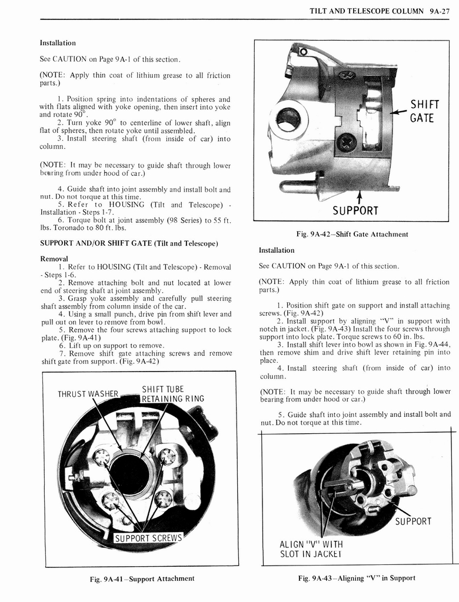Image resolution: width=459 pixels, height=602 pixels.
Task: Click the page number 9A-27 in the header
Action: point(440,11)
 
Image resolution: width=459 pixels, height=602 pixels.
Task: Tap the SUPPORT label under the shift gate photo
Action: point(355,210)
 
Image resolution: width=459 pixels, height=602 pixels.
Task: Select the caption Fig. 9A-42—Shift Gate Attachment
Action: point(352,234)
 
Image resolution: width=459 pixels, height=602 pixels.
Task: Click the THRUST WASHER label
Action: point(88,394)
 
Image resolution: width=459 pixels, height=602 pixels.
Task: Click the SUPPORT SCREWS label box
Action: point(148,538)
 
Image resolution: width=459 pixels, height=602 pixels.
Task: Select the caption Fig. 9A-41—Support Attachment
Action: point(142,578)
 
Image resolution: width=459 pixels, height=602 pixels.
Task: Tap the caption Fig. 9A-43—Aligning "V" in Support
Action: point(356,578)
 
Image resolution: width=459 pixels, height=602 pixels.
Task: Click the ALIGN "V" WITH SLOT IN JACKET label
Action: point(311,549)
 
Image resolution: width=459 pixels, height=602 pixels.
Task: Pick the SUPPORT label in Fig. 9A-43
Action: point(413,521)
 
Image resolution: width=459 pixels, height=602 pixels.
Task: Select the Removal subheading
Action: point(54,259)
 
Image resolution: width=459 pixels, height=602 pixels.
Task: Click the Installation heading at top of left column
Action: point(57,43)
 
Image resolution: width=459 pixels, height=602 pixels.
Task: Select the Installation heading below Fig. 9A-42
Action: point(277,250)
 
